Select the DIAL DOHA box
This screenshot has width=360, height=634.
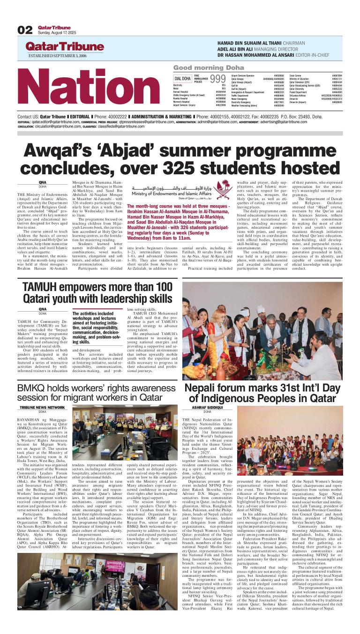(183, 78)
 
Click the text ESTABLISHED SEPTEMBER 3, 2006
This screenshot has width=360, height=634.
(57, 56)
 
